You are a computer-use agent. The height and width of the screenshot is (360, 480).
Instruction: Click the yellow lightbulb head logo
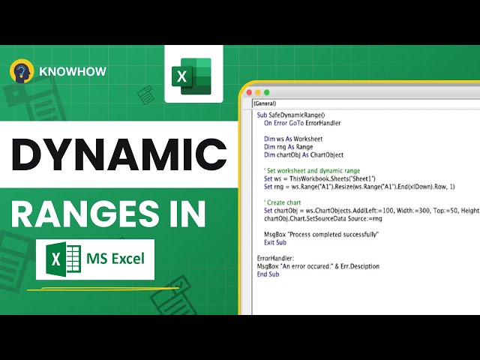coord(22,72)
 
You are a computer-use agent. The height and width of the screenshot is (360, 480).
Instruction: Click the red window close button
coord(247,93)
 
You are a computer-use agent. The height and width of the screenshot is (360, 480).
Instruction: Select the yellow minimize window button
coord(256,93)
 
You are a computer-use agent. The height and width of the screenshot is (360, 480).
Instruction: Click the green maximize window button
coord(266,93)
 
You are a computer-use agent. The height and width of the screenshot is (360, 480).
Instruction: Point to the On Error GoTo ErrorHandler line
coord(302,122)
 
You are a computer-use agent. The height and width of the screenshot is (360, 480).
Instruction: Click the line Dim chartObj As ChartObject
coord(304,155)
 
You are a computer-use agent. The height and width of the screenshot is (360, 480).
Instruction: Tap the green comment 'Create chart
coord(283,203)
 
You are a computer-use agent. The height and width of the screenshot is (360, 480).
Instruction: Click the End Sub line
coord(268,274)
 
